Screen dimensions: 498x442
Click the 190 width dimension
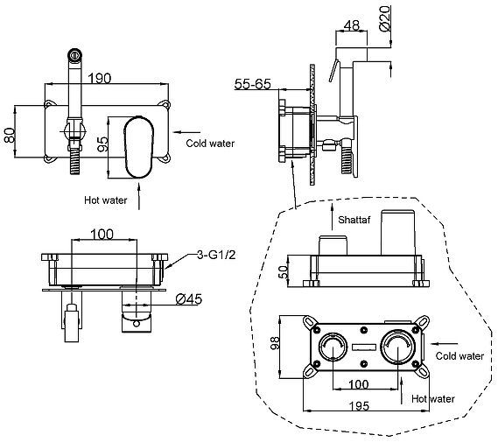(x=100, y=78)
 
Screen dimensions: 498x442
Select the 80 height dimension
(x=10, y=135)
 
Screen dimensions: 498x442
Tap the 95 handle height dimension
(x=102, y=144)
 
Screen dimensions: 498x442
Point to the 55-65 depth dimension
(x=252, y=84)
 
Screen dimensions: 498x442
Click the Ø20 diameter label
(x=384, y=18)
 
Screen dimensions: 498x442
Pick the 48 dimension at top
(x=352, y=25)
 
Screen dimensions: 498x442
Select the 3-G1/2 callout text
(x=216, y=255)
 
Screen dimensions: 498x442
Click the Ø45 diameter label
(x=189, y=299)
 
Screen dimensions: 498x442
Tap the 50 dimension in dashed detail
(x=283, y=272)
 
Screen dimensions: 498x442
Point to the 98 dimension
(x=275, y=343)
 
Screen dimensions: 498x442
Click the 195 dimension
(x=359, y=406)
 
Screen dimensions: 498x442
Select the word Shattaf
(x=354, y=220)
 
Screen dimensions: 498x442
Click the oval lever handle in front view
(x=139, y=147)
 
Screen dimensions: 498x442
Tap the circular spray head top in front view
(x=75, y=55)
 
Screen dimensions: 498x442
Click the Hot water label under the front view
(x=105, y=200)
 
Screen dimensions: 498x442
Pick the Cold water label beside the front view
(x=210, y=144)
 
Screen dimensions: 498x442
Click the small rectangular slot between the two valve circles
(x=364, y=347)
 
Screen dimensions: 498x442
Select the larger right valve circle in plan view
(x=398, y=347)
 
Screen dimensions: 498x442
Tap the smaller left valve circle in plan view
(x=333, y=347)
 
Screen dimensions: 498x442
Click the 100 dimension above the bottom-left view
(x=102, y=235)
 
